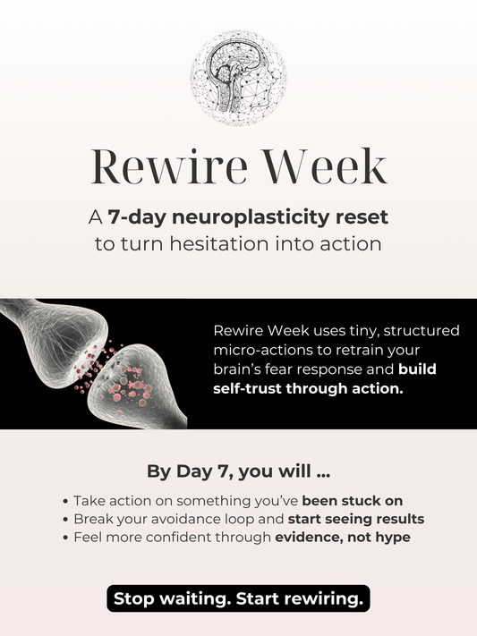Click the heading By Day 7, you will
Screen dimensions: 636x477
click(238, 470)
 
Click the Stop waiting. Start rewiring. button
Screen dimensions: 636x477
click(238, 598)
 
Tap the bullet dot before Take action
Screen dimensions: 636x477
click(66, 501)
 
